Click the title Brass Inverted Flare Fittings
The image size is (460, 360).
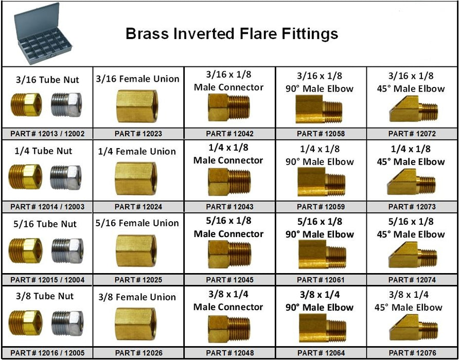coord(232,34)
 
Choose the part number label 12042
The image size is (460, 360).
coord(229,134)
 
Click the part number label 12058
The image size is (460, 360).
coord(321,134)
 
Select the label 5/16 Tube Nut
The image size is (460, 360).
coord(47,224)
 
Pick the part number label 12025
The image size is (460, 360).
coord(138,280)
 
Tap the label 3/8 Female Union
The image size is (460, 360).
coord(137,297)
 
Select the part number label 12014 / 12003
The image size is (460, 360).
coord(47,207)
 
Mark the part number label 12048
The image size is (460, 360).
coord(229,353)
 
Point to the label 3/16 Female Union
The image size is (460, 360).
coord(137,79)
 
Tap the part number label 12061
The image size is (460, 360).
coord(321,280)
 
